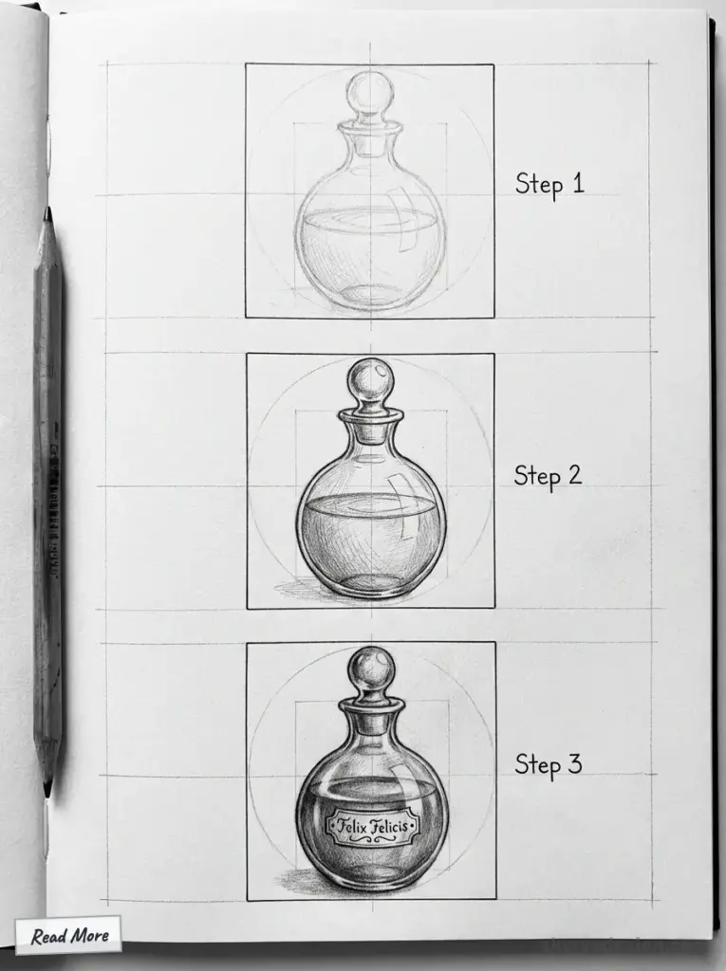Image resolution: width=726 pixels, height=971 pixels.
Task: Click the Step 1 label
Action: (x=549, y=183)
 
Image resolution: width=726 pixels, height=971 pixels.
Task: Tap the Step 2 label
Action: (x=548, y=474)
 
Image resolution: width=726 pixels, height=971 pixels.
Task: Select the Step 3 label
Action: (x=548, y=763)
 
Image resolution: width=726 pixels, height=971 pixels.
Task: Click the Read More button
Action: (x=68, y=936)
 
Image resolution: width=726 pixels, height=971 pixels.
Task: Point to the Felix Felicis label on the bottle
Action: (x=371, y=827)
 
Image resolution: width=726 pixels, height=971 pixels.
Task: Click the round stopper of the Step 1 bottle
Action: (x=369, y=95)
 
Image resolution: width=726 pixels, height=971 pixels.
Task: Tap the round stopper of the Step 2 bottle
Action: (x=370, y=382)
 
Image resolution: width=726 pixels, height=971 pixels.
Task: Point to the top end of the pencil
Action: (x=47, y=214)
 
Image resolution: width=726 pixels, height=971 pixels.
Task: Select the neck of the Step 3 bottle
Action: (x=371, y=724)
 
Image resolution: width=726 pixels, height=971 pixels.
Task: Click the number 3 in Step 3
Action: (x=573, y=763)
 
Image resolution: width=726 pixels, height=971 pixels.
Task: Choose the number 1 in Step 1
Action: (x=576, y=183)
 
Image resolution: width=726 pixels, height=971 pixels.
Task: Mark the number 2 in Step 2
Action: (x=573, y=474)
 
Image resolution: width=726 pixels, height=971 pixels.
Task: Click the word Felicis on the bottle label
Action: (x=390, y=827)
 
